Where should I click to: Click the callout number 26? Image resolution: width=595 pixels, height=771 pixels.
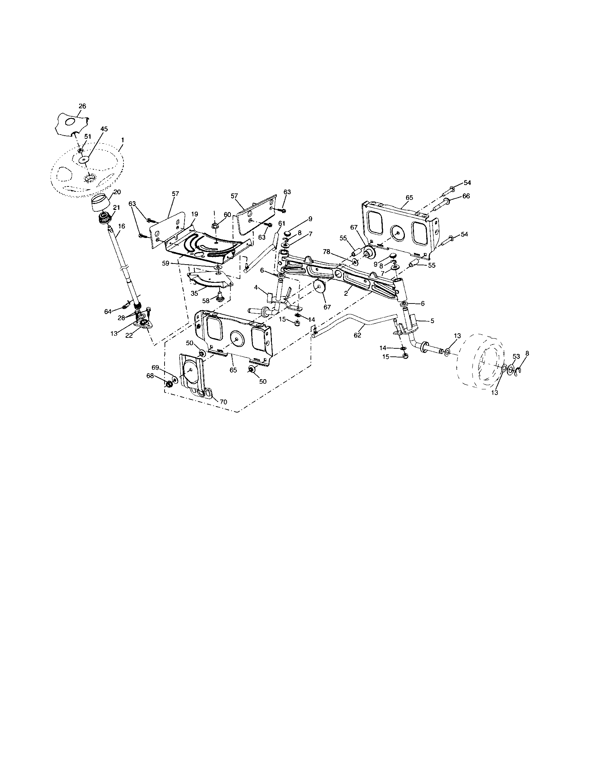[82, 106]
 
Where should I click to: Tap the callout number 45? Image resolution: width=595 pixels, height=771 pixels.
[104, 129]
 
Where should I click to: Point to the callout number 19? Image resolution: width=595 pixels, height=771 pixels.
[194, 214]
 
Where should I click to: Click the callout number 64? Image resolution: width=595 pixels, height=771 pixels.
[108, 311]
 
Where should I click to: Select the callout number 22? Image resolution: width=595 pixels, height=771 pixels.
[129, 336]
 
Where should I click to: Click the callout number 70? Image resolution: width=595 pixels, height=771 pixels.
[223, 401]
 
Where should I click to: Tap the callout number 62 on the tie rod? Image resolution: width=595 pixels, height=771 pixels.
[357, 335]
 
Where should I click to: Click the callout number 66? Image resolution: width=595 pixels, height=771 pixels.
[466, 196]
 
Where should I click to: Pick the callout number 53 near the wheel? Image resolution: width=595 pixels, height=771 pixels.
[516, 356]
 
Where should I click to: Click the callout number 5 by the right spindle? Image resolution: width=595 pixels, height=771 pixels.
[432, 321]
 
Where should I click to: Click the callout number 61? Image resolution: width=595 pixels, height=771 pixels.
[282, 223]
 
